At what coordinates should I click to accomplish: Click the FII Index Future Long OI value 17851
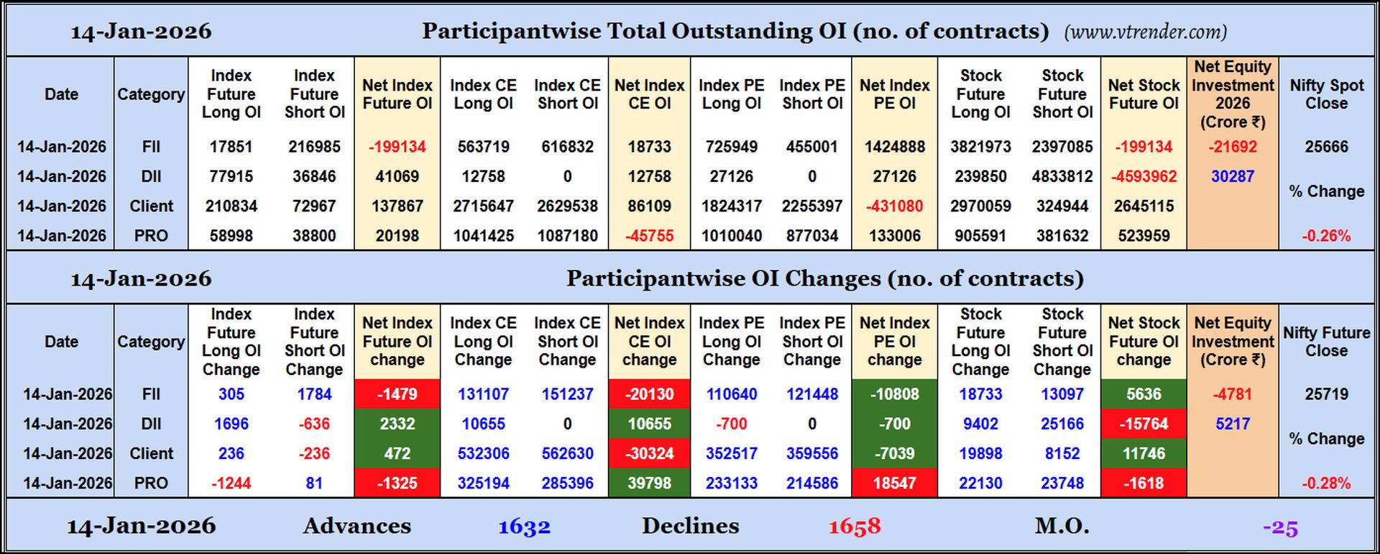tap(231, 147)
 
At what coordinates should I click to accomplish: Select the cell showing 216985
tap(314, 147)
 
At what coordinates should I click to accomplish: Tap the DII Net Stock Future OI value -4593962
tap(1144, 176)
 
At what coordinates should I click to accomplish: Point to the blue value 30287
tap(1232, 176)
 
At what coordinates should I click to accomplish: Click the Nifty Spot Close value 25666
tap(1326, 147)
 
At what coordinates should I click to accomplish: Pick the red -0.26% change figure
tap(1326, 236)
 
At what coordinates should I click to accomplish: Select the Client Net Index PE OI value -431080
tap(894, 206)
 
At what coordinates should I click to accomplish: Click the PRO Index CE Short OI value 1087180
tap(567, 236)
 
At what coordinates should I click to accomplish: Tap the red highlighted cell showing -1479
tap(397, 394)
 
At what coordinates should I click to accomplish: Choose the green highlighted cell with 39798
tap(649, 483)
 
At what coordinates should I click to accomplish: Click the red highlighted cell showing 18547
tap(894, 483)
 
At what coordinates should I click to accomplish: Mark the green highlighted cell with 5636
tap(1144, 394)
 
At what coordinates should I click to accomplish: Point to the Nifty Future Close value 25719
tap(1326, 394)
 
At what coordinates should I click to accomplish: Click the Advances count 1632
tap(524, 527)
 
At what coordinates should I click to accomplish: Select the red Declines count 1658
tap(854, 527)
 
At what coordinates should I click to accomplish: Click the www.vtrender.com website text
tap(1145, 32)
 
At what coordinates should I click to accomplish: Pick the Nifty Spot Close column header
tap(1326, 94)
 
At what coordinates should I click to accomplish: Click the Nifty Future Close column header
tap(1326, 342)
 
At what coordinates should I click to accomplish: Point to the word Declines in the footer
tap(690, 526)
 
